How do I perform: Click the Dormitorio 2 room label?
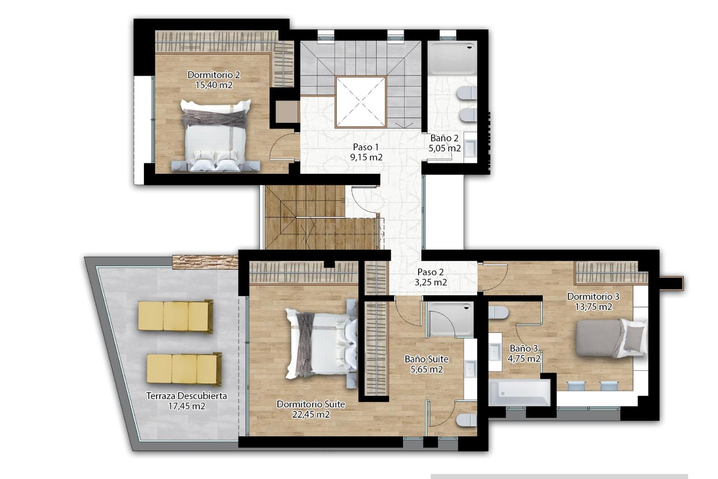pyautogui.click(x=214, y=75)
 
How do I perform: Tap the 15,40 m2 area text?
pyautogui.click(x=214, y=85)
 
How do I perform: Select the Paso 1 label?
pyautogui.click(x=366, y=147)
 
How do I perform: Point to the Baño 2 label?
pyautogui.click(x=444, y=138)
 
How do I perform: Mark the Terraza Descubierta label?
pyautogui.click(x=186, y=396)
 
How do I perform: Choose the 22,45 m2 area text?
pyautogui.click(x=311, y=415)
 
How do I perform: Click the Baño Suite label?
pyautogui.click(x=426, y=359)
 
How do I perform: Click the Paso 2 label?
pyautogui.click(x=430, y=272)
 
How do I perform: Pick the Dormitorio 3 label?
pyautogui.click(x=593, y=297)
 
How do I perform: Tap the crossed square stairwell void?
pyautogui.click(x=360, y=102)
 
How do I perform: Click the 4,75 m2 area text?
pyautogui.click(x=524, y=359)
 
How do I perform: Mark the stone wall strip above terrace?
pyautogui.click(x=205, y=262)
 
